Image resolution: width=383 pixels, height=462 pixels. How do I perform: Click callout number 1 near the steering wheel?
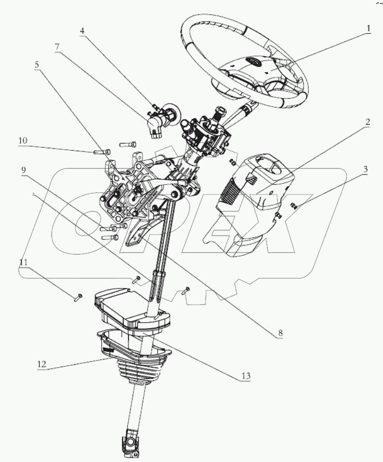pyautogui.click(x=368, y=28)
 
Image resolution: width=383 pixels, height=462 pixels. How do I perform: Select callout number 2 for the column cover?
pyautogui.click(x=367, y=122)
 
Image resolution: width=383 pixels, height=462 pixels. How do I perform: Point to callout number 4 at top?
pyautogui.click(x=83, y=30)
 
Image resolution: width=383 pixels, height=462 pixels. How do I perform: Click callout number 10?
pyautogui.click(x=23, y=141)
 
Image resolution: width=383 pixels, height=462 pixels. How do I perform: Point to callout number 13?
pyautogui.click(x=246, y=375)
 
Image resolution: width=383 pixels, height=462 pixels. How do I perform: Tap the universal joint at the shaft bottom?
pyautogui.click(x=129, y=446)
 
